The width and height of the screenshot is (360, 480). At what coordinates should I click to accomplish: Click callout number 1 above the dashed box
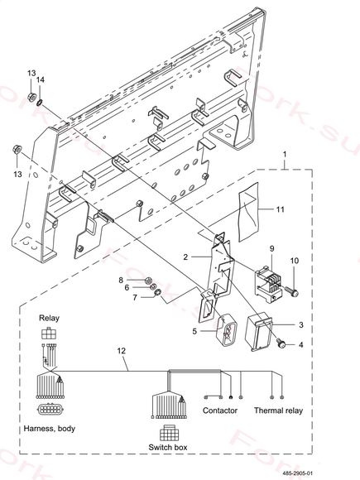tap(285, 154)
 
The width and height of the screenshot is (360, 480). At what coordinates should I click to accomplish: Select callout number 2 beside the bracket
tap(185, 257)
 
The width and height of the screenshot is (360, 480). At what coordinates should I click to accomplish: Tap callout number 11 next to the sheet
tap(281, 209)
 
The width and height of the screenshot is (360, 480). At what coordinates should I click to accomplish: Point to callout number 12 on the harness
tap(122, 351)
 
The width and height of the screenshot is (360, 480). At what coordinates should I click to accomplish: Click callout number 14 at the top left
tap(41, 80)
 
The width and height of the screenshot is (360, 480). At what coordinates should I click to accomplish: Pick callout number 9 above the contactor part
tap(272, 248)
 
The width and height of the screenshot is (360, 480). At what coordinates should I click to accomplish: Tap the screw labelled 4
tap(281, 343)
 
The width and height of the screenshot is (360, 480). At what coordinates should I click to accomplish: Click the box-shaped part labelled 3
tap(259, 332)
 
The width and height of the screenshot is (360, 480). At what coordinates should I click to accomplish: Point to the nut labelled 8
tap(148, 280)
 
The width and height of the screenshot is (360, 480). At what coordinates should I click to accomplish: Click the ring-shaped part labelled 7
tap(157, 293)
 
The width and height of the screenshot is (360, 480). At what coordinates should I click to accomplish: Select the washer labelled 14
tap(40, 102)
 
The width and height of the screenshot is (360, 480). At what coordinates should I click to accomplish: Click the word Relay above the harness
tap(49, 318)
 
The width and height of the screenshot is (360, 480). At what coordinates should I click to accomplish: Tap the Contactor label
tap(220, 410)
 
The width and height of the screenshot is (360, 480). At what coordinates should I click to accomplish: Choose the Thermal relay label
tap(278, 410)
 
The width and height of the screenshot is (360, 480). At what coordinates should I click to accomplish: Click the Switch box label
tap(168, 447)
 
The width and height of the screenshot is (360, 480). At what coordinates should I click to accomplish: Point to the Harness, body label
tap(50, 428)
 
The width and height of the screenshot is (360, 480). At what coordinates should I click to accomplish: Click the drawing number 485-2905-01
tap(298, 473)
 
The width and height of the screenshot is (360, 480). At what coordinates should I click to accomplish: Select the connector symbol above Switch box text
tap(169, 433)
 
